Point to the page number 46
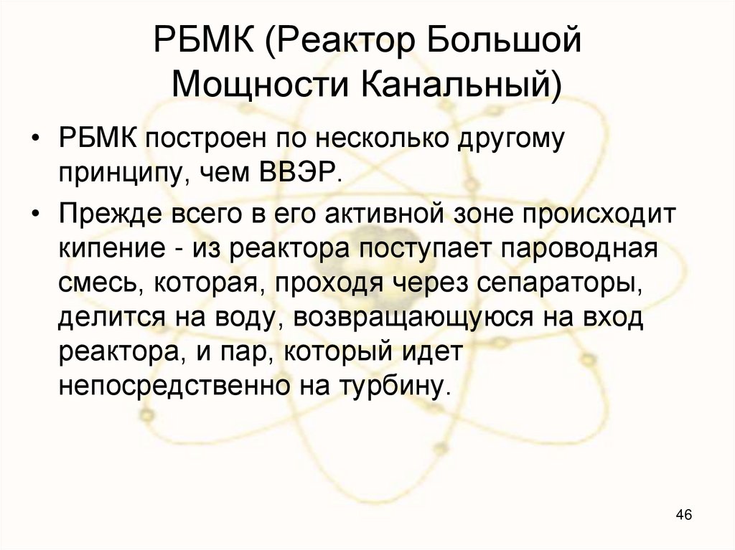tap(683, 516)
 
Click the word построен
tap(189, 138)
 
